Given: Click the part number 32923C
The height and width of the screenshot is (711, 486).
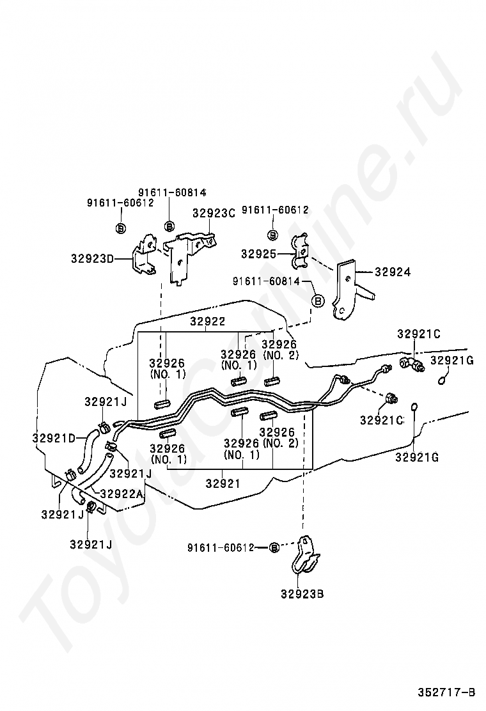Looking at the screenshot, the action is click(x=214, y=213).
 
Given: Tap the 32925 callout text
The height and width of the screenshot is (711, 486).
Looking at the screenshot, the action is click(x=258, y=254).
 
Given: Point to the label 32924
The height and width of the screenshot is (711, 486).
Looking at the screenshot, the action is click(x=392, y=272).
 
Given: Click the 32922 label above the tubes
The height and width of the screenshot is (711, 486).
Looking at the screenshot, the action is click(x=207, y=322).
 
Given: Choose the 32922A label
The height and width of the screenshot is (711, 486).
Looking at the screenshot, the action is click(x=122, y=494).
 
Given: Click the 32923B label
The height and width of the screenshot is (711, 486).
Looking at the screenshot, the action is click(x=302, y=593).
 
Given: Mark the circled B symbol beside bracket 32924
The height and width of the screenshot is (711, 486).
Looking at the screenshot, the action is click(x=318, y=301).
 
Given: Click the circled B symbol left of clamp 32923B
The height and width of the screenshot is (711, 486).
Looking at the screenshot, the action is click(x=274, y=547).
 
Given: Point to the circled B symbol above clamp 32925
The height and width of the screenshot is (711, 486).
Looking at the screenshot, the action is click(x=272, y=234).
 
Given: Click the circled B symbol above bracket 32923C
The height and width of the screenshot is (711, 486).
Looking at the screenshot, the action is click(x=169, y=225).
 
